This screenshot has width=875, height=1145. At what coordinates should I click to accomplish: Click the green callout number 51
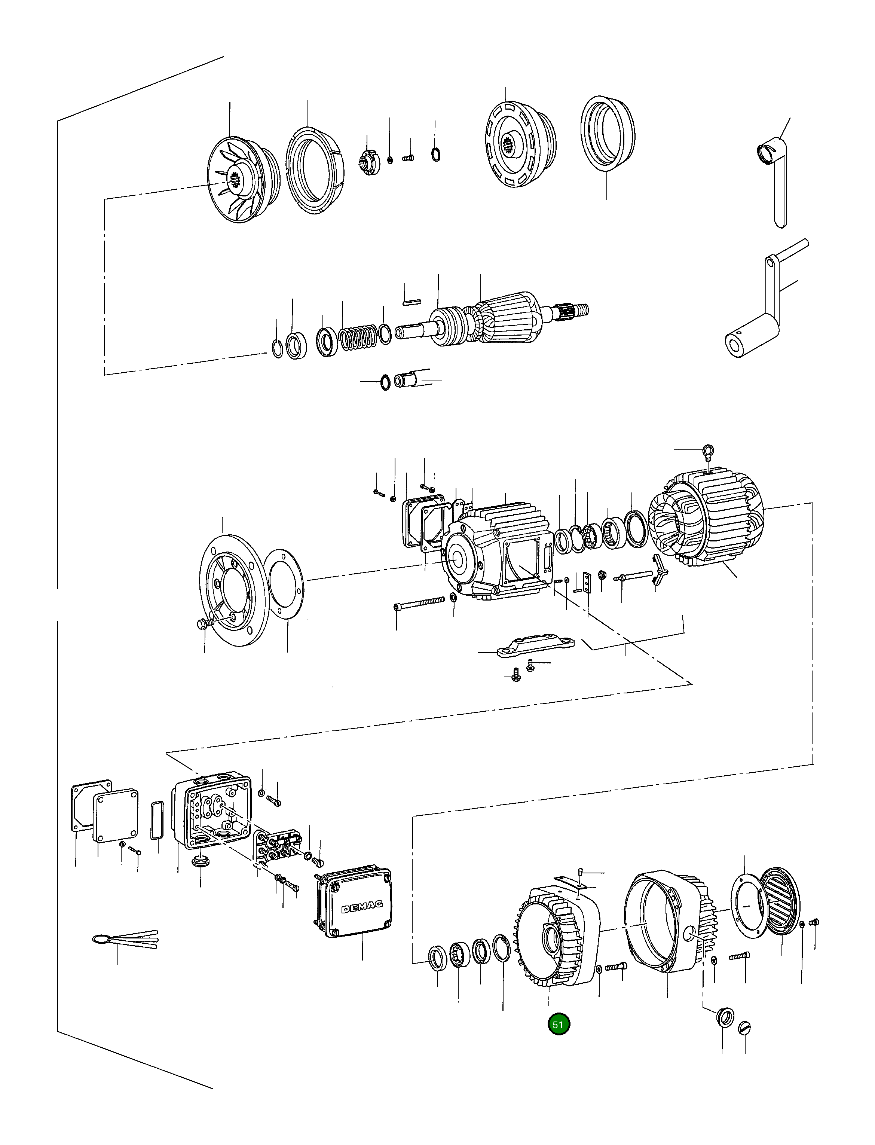point(559,1024)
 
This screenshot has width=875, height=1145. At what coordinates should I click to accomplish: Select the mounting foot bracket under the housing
point(535,645)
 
